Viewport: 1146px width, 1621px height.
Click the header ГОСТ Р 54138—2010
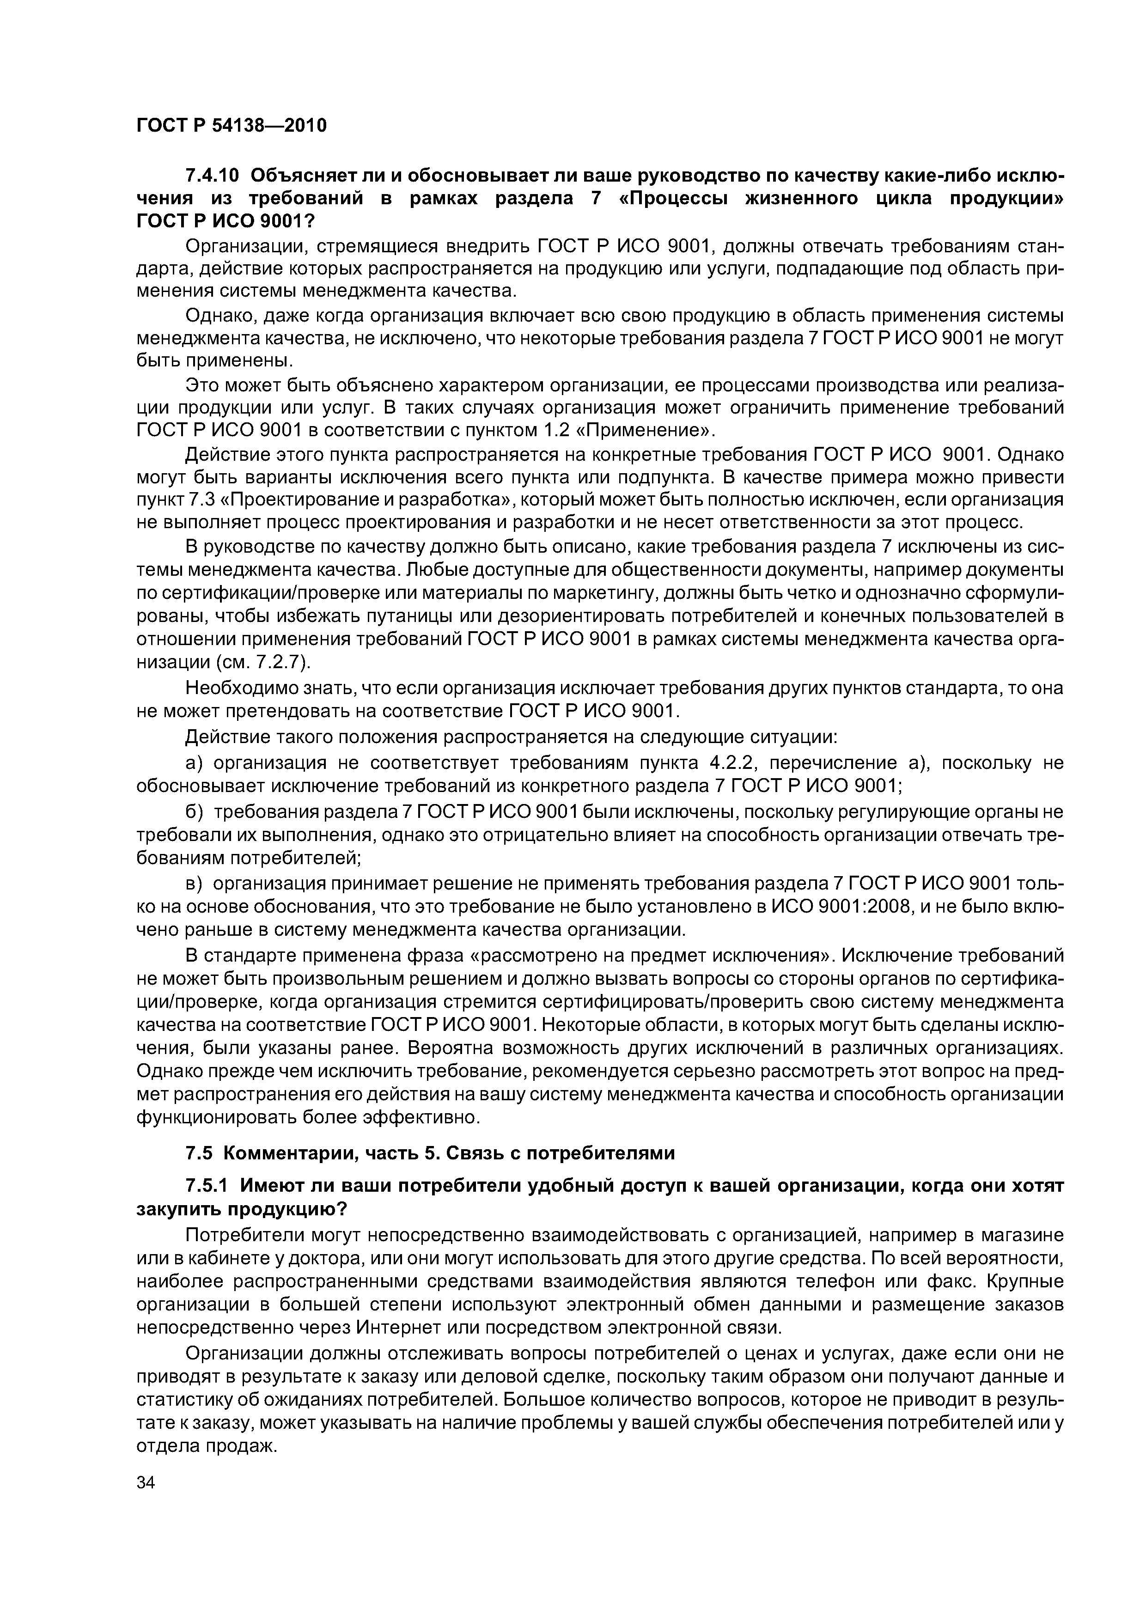coord(231,126)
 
